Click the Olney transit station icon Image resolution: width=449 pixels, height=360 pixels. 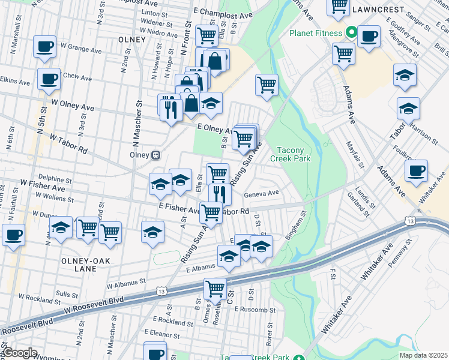(x=155, y=155)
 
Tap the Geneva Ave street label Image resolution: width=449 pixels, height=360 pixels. (x=261, y=194)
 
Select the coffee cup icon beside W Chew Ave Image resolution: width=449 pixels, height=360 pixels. (x=49, y=78)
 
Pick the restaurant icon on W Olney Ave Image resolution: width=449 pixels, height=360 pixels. (x=169, y=108)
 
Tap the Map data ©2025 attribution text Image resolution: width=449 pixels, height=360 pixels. (x=423, y=355)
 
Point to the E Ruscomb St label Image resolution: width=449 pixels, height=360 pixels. (x=255, y=310)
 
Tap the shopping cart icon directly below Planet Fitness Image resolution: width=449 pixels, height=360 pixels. (x=344, y=53)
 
